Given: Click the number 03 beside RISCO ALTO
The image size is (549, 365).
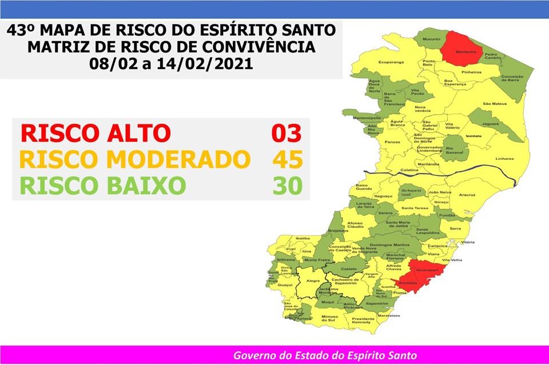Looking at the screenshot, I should coord(287,133).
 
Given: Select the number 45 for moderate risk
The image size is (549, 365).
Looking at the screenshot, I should coord(287,159).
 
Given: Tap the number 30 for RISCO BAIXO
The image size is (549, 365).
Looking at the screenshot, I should coord(287,186).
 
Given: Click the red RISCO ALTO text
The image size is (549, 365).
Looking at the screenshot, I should coord(96,133).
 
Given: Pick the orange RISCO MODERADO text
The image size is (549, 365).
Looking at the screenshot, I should coord(135,159).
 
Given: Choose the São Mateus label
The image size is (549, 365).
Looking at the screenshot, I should coord(495,103).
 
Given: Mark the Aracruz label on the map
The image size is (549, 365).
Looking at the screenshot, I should coord(467,195).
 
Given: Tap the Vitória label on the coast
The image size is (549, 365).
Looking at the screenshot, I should coord(468,242).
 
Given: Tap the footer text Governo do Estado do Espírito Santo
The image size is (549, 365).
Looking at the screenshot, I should coord(324,355).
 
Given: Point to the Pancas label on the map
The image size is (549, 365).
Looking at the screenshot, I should coord(392,142).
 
